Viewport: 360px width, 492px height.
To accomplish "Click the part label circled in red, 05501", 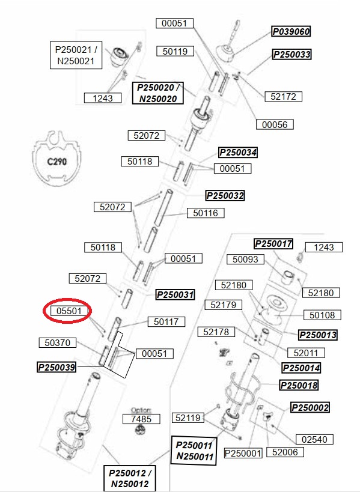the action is click(x=69, y=311).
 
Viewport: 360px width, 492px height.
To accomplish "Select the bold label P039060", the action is click(x=291, y=31).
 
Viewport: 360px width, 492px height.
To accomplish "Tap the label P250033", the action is click(x=292, y=54).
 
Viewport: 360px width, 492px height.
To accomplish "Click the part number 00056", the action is click(x=275, y=124).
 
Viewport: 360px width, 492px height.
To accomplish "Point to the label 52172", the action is click(x=284, y=96).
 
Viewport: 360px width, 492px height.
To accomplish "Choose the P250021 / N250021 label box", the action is click(x=76, y=55).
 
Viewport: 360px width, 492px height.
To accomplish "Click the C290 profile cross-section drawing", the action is click(x=56, y=158).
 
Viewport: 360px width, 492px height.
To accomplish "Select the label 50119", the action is click(x=175, y=51).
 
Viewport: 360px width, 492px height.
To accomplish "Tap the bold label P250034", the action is click(x=238, y=153).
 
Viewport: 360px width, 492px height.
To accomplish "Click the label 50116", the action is click(x=206, y=213).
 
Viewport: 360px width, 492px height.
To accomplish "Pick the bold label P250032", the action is click(x=225, y=196).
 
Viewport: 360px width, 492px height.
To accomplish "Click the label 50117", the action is click(x=166, y=321).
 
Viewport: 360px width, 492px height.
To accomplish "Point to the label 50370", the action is click(x=58, y=342).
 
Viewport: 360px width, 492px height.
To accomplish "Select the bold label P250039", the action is click(x=56, y=367).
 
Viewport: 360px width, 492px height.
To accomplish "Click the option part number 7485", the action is click(x=141, y=419).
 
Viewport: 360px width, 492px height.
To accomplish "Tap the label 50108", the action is click(x=322, y=315).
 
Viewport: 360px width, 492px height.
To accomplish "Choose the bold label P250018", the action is click(x=299, y=385).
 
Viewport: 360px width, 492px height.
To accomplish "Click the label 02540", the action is click(x=314, y=439).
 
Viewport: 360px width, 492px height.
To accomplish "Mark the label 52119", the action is click(x=188, y=418).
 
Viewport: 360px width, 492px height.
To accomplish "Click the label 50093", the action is click(x=245, y=259).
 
